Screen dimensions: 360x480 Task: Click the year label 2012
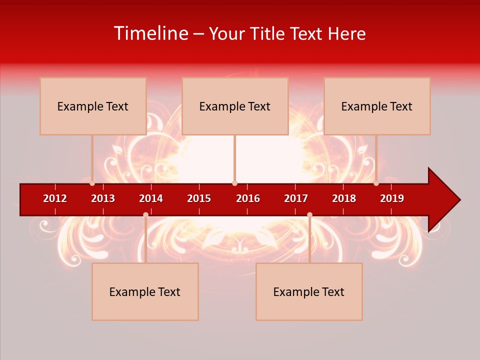[x=55, y=198]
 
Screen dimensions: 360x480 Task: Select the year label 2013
[x=103, y=198]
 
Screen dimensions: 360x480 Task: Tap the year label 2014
[x=151, y=198]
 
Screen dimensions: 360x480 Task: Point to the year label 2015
[x=199, y=198]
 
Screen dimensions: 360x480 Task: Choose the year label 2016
[x=248, y=198]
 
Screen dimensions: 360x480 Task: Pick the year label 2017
[x=296, y=198]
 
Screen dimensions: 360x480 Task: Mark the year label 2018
[x=344, y=198]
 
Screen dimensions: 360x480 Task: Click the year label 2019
[x=392, y=198]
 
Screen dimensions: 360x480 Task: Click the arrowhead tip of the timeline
[x=458, y=200]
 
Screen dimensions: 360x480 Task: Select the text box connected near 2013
[x=93, y=106]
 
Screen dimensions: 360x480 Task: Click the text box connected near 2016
[x=235, y=106]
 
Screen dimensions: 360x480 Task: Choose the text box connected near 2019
[x=377, y=106]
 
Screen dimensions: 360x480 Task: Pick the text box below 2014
[x=145, y=291]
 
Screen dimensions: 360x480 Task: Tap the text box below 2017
[x=309, y=291]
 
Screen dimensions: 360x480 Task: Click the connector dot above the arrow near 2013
[x=92, y=183]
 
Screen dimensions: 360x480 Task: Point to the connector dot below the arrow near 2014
[x=145, y=214]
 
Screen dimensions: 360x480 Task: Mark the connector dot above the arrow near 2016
[x=234, y=183]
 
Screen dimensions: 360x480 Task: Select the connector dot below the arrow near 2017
[x=309, y=214]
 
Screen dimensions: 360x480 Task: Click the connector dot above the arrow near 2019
[x=376, y=183]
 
